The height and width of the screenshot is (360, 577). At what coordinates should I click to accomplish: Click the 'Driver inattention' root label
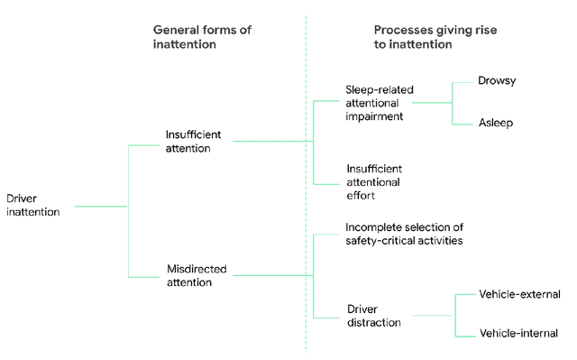click(32, 205)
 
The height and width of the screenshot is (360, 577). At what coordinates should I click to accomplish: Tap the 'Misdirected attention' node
click(197, 275)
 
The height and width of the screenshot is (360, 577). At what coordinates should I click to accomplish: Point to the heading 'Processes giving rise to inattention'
click(435, 37)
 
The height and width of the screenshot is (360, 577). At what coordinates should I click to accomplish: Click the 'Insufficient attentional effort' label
click(374, 181)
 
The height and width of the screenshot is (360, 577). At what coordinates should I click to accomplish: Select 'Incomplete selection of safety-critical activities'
click(404, 233)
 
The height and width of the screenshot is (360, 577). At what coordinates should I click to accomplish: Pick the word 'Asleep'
click(496, 123)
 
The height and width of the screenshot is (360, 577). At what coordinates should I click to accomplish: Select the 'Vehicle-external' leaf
click(520, 294)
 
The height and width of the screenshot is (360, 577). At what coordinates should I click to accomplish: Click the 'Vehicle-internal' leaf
click(519, 334)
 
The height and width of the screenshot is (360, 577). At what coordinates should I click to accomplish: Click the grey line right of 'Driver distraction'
click(428, 316)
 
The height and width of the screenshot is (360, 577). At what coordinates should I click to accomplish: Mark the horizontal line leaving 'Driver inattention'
click(99, 207)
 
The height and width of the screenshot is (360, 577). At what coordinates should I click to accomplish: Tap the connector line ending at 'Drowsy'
click(463, 82)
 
